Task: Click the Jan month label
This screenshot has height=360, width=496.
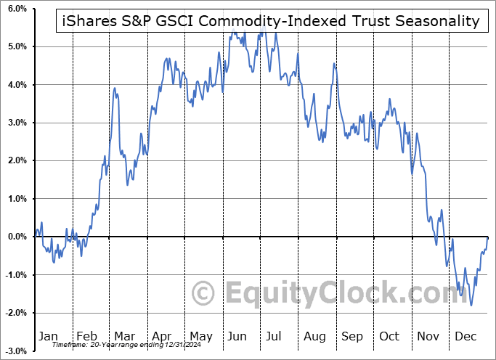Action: [47, 336]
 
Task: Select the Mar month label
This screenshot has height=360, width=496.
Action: [123, 336]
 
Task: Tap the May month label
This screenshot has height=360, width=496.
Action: [200, 336]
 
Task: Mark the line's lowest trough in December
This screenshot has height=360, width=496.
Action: [471, 305]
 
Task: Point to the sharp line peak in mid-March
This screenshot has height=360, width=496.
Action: [115, 88]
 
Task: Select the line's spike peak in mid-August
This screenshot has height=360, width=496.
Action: [334, 64]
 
